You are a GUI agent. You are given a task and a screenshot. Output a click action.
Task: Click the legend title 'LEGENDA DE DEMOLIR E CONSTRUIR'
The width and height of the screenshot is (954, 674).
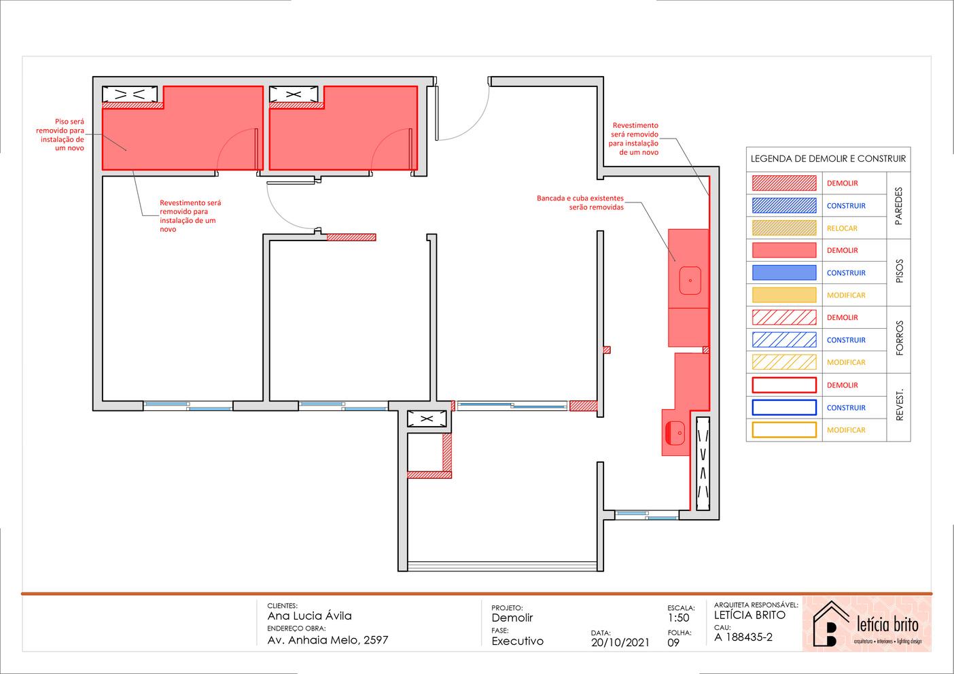point(828,159)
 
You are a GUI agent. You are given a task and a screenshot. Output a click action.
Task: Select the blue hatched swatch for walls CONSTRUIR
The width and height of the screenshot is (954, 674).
point(784,206)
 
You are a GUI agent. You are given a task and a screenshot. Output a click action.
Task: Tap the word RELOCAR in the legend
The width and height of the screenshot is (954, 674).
point(842,228)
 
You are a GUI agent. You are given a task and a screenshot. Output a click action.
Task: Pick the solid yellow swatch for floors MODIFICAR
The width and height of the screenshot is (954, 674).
point(784,295)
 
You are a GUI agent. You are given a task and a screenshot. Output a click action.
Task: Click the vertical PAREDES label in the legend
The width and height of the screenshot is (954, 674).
point(899,206)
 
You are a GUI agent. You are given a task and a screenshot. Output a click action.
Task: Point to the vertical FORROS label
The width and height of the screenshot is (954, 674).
point(899,338)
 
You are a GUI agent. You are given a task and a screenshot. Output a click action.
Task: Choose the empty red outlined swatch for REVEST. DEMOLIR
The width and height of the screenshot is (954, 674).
point(784,385)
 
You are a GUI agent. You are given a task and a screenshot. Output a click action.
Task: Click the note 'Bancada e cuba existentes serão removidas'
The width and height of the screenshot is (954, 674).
point(580,202)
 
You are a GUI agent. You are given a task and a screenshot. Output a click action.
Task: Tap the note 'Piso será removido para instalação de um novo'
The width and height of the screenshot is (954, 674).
point(60,135)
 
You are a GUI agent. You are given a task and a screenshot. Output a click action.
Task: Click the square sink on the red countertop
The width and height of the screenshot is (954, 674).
point(690,281)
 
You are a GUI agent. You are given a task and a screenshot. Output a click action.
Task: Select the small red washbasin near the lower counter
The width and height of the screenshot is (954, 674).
point(675,433)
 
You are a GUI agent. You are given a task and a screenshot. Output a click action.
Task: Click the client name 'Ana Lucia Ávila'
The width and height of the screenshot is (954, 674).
point(310,616)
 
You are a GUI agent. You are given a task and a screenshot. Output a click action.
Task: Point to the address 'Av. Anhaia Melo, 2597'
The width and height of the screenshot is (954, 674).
point(328,640)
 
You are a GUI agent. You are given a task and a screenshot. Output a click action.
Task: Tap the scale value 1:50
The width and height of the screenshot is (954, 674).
point(678,618)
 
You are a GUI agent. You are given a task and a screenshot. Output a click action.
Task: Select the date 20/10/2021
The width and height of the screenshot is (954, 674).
point(620,643)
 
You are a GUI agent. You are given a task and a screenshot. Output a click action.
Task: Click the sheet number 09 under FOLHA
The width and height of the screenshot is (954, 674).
point(673,643)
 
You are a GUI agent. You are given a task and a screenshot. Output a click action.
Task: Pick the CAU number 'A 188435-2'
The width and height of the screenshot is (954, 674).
point(743,637)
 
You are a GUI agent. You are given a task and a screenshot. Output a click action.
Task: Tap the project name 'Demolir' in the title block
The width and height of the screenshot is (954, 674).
point(512,618)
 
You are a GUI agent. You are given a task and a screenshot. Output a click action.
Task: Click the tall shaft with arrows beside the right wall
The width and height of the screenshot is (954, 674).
point(703,463)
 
